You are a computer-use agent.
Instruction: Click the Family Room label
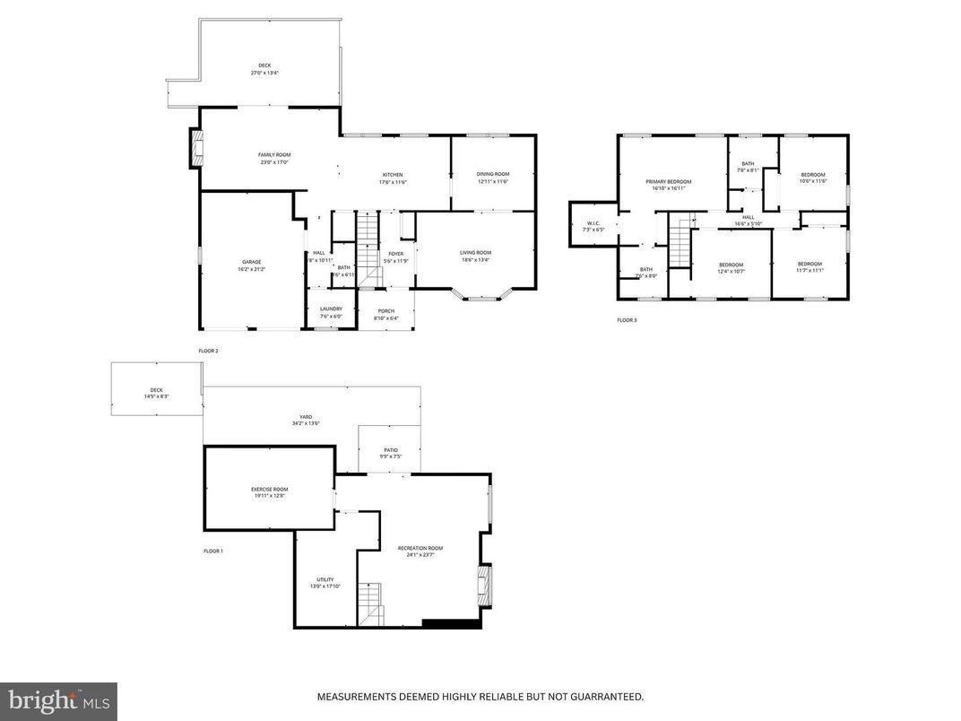(274, 155)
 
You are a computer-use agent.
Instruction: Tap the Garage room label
(251, 262)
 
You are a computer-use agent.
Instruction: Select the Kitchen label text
(393, 175)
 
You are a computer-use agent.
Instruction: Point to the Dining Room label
(492, 174)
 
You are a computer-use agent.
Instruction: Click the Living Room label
(475, 253)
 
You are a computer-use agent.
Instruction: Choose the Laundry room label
(331, 309)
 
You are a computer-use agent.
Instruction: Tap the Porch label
(385, 310)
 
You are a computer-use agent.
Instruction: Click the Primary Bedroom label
(669, 181)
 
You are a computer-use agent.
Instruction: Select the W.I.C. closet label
(593, 223)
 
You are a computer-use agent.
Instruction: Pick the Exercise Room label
(269, 489)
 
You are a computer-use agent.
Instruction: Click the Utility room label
(325, 579)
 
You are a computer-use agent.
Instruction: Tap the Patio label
(391, 449)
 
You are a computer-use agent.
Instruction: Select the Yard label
(306, 417)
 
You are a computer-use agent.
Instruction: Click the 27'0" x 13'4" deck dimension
(264, 73)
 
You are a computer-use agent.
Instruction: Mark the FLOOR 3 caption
(627, 320)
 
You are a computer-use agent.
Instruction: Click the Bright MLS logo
(58, 701)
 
